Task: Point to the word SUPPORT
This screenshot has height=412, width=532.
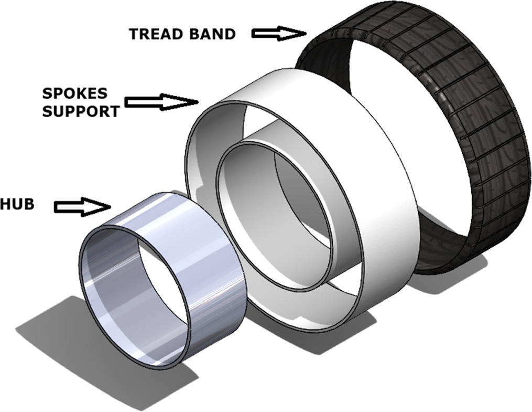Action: (x=80, y=111)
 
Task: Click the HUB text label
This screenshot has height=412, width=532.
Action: (x=17, y=205)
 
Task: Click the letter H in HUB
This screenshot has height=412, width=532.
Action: (x=6, y=205)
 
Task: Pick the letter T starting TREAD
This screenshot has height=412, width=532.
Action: (x=134, y=34)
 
